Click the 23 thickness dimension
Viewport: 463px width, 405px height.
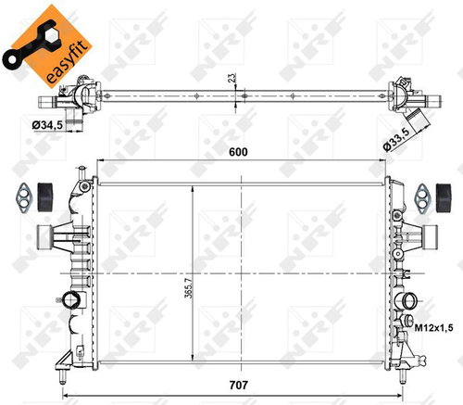(x=231, y=80)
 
